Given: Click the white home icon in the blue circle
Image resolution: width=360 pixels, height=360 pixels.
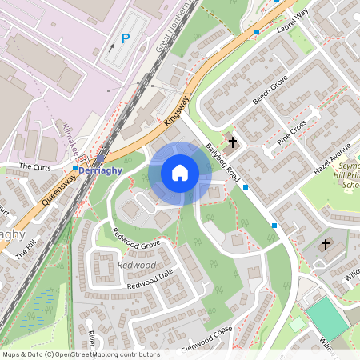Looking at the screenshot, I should click(x=180, y=173).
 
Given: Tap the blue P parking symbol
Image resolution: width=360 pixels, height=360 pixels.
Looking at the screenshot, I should click(x=125, y=38).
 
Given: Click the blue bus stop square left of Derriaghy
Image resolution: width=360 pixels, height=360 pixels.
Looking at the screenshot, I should click(x=75, y=169).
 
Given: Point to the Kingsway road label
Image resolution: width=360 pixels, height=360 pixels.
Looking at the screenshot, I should click(x=178, y=110).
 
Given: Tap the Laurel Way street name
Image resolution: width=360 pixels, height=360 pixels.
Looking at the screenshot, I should click(x=292, y=21).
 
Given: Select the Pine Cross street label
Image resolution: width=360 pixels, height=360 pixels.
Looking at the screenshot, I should click(x=291, y=132).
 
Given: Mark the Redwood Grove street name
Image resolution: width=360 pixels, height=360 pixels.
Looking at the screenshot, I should click(x=136, y=238).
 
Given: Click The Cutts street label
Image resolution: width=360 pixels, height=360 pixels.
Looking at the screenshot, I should click(x=34, y=166).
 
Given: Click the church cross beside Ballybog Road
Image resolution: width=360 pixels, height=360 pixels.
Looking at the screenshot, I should click(x=233, y=142).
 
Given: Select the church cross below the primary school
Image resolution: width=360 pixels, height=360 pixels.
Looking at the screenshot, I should click(x=326, y=243).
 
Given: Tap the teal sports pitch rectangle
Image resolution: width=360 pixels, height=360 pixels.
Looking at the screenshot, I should click(x=329, y=318).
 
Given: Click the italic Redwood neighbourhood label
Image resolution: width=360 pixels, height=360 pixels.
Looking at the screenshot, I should click(x=136, y=265).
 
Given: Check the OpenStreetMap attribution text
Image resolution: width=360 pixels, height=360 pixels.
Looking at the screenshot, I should click(x=81, y=354).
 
